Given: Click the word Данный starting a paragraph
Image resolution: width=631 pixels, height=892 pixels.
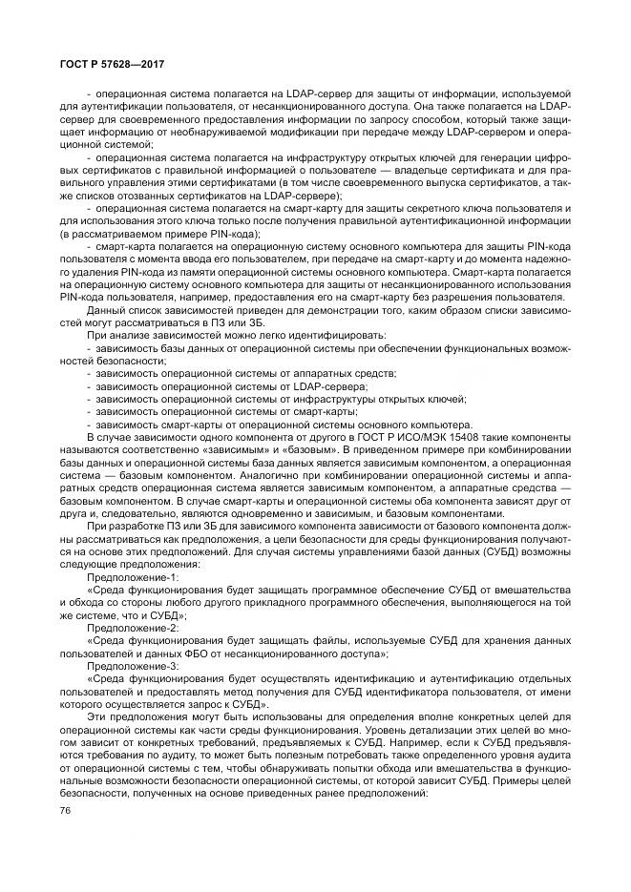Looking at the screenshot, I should pos(105,310).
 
